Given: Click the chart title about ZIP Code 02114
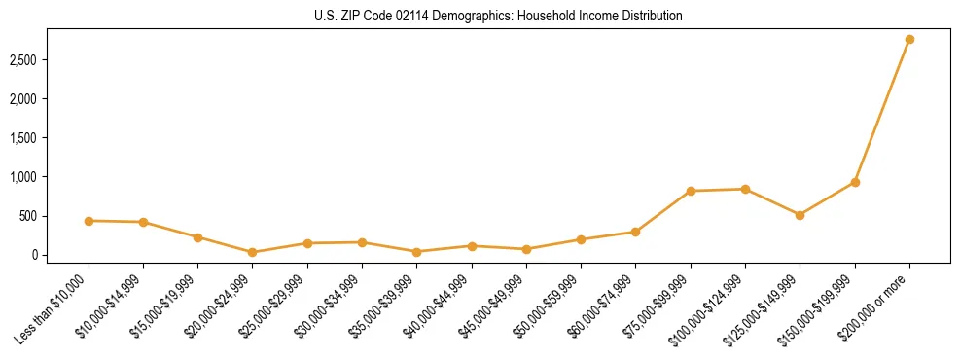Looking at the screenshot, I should pyautogui.click(x=498, y=16).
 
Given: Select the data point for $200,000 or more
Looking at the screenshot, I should pyautogui.click(x=909, y=39).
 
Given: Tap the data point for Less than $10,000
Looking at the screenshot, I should pyautogui.click(x=89, y=221).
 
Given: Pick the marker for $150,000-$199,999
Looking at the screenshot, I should pyautogui.click(x=855, y=182).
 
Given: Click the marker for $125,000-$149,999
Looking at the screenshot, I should pyautogui.click(x=800, y=215).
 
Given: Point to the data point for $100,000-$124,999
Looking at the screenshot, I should pyautogui.click(x=745, y=189).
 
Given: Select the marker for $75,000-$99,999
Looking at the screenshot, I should pyautogui.click(x=691, y=191).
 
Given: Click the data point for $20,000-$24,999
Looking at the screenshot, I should pyautogui.click(x=253, y=252).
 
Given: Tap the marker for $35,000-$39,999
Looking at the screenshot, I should pyautogui.click(x=416, y=252).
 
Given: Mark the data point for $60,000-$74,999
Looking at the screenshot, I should pyautogui.click(x=635, y=232).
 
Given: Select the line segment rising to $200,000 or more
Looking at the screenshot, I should pyautogui.click(x=882, y=111).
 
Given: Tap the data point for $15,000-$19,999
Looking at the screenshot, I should pyautogui.click(x=197, y=237).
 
